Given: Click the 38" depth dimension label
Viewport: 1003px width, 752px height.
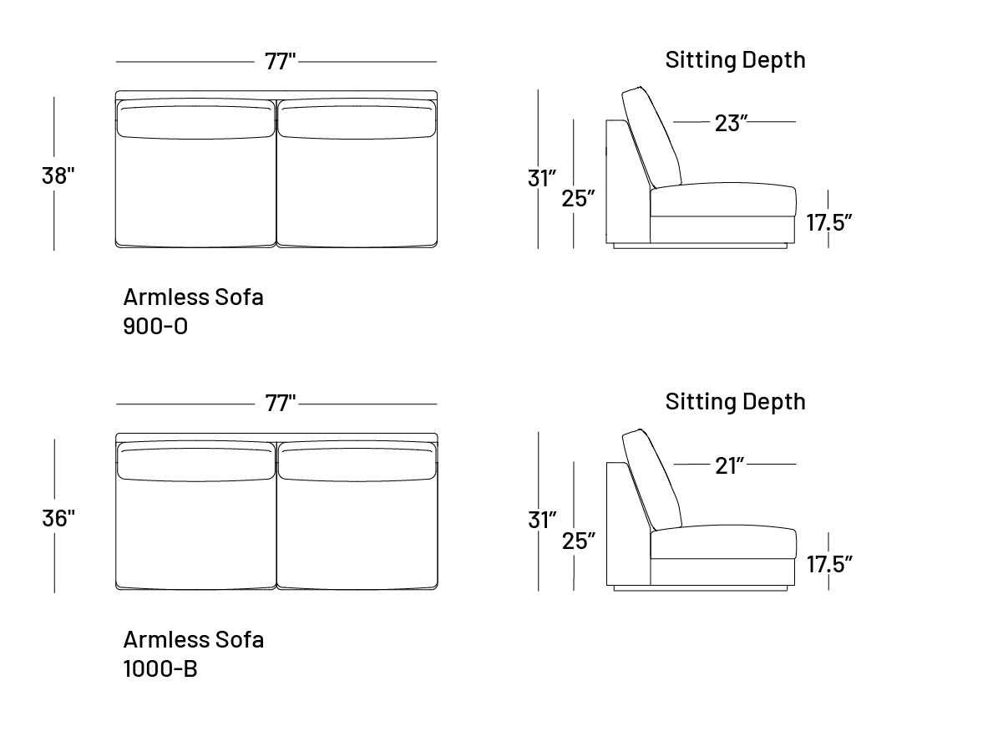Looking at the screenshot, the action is (58, 175).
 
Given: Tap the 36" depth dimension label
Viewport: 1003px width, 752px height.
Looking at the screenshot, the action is (58, 518).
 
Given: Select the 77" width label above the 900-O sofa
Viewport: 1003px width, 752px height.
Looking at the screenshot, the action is (280, 61).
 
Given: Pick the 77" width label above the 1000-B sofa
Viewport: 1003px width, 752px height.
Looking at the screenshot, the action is (280, 404).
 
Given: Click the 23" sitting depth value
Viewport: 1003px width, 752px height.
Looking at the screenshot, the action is (731, 123).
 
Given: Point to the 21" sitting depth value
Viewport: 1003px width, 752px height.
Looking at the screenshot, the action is (730, 466).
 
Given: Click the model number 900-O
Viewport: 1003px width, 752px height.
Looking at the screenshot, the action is (155, 327).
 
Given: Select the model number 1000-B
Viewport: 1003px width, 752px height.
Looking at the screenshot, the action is (160, 668).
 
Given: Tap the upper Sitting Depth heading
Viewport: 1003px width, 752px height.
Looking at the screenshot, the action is (735, 60).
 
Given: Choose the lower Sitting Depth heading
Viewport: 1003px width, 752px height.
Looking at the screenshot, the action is (735, 402).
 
